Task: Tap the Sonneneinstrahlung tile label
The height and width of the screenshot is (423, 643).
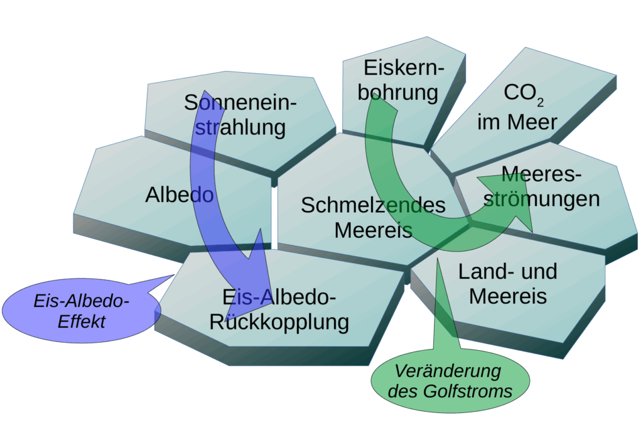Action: click(240, 115)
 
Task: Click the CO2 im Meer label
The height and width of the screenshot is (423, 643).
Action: click(517, 107)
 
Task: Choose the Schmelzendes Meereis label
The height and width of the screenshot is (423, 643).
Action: click(373, 217)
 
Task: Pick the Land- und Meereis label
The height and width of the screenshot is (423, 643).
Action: click(507, 284)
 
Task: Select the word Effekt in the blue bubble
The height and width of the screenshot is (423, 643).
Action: click(82, 322)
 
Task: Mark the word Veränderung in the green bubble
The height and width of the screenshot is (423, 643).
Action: click(450, 372)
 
